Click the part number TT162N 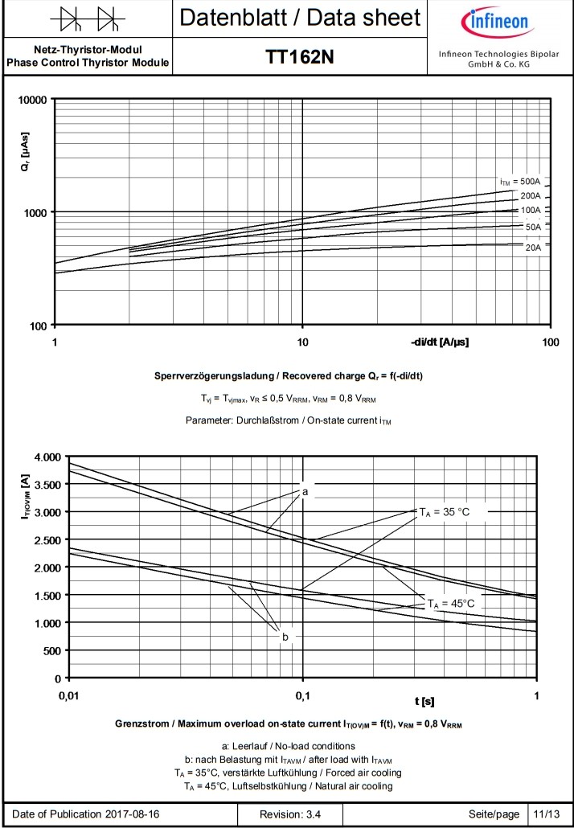point(299,57)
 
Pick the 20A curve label point(532,248)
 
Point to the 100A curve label point(530,210)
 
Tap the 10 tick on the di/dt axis point(302,342)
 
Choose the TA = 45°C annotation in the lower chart point(451,603)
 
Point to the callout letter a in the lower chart point(305,490)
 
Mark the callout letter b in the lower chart point(285,637)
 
